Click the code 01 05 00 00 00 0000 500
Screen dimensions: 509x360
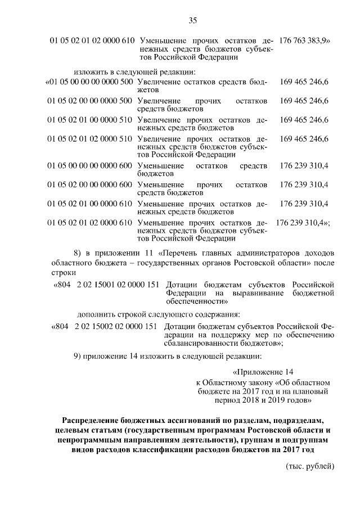point(89,82)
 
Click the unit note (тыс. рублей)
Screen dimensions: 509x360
point(310,466)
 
